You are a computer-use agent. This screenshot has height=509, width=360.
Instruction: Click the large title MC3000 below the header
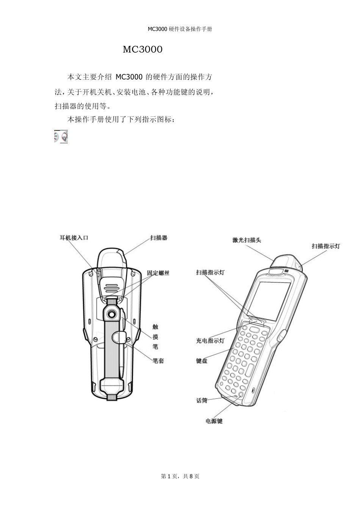pyautogui.click(x=142, y=50)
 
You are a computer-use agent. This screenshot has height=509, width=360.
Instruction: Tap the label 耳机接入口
pyautogui.click(x=74, y=238)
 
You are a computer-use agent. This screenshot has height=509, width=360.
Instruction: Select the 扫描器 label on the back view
pyautogui.click(x=158, y=238)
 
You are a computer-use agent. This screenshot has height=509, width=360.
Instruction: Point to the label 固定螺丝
pyautogui.click(x=158, y=273)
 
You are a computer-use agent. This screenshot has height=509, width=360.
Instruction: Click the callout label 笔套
pyautogui.click(x=158, y=361)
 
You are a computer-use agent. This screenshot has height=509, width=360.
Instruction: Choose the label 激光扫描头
pyautogui.click(x=246, y=240)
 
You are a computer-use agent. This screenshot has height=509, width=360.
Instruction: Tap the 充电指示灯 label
pyautogui.click(x=210, y=341)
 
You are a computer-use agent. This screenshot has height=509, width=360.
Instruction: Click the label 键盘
pyautogui.click(x=202, y=361)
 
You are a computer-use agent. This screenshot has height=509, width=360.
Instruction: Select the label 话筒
pyautogui.click(x=202, y=400)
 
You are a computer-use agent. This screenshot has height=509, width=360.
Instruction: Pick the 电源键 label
pyautogui.click(x=214, y=421)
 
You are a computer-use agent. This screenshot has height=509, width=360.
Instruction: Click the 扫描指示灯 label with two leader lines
pyautogui.click(x=210, y=273)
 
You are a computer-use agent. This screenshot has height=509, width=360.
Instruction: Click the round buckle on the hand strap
pyautogui.click(x=111, y=314)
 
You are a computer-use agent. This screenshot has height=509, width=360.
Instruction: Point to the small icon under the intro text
pyautogui.click(x=61, y=136)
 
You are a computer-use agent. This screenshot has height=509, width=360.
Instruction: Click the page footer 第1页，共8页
pyautogui.click(x=180, y=476)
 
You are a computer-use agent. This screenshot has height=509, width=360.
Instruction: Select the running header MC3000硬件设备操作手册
pyautogui.click(x=180, y=29)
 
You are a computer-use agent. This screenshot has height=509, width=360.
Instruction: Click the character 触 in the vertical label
pyautogui.click(x=155, y=327)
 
